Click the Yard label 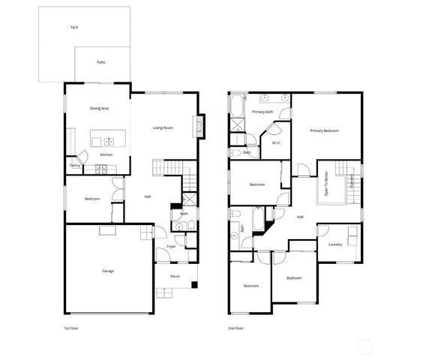click(x=74, y=27)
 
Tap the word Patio click(x=100, y=62)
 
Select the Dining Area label click(x=100, y=109)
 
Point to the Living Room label click(x=163, y=128)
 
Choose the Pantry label click(x=75, y=165)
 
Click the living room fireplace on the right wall click(x=199, y=126)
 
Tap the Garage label click(x=108, y=271)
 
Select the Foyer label click(x=171, y=246)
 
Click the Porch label click(x=175, y=276)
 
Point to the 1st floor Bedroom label click(x=92, y=199)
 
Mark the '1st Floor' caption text click(x=72, y=328)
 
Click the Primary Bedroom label click(x=325, y=130)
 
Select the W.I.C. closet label click(x=277, y=142)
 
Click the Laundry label click(x=335, y=244)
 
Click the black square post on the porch click(x=194, y=285)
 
